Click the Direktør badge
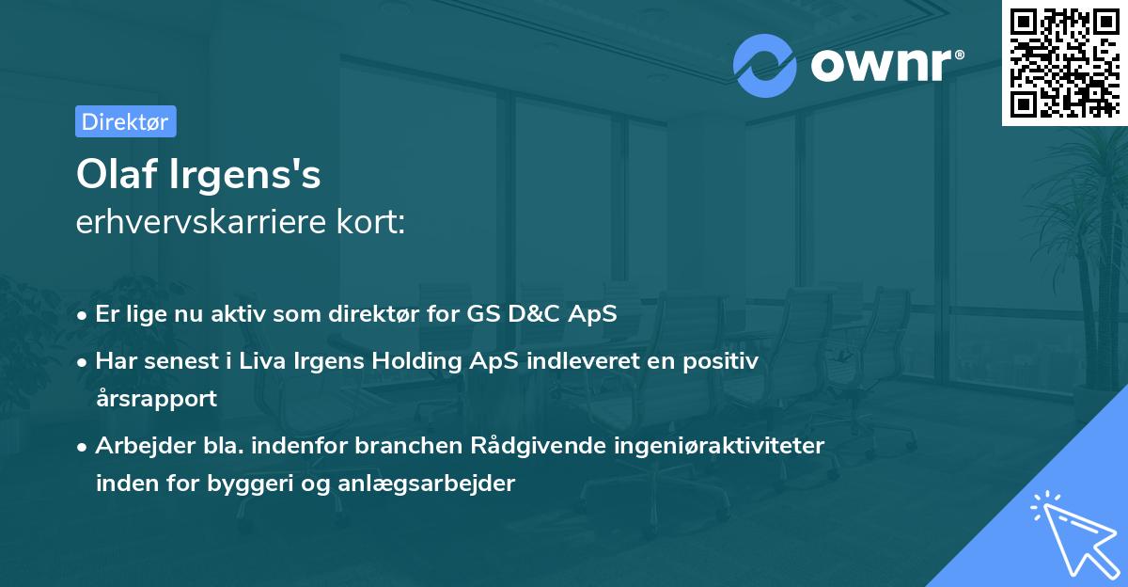tap(126, 121)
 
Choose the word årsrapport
tap(156, 398)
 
